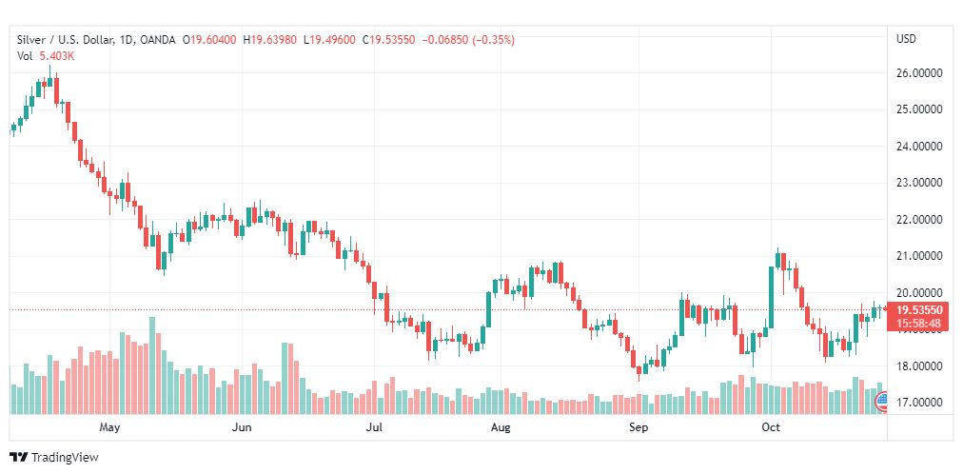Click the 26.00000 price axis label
click(919, 72)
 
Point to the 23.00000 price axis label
click(919, 183)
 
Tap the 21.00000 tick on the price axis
click(919, 256)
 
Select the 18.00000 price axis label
click(919, 366)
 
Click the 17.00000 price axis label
click(919, 403)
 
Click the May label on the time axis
click(111, 427)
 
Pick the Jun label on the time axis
click(242, 427)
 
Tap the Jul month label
click(374, 427)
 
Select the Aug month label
click(501, 427)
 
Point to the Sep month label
click(639, 427)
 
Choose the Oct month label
click(771, 427)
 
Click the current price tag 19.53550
click(919, 310)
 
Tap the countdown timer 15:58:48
click(919, 324)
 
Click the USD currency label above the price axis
click(906, 39)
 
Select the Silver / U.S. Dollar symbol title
click(63, 40)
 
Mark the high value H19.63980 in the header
click(272, 40)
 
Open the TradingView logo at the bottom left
click(54, 458)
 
